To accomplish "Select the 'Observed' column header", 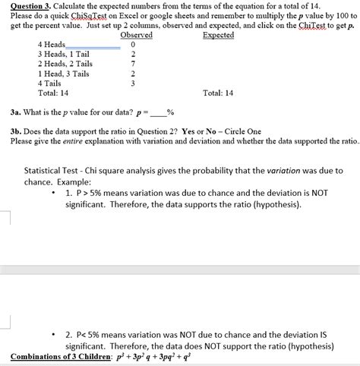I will (137, 36).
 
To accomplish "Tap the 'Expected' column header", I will (219, 36).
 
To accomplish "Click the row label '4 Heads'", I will (52, 45).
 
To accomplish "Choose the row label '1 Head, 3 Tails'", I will (63, 74).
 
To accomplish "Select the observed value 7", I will (133, 65).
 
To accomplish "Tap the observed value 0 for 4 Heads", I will (133, 46).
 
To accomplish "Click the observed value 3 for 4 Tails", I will (133, 84).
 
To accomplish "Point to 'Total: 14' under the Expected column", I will (219, 93).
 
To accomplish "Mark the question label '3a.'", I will (16, 114).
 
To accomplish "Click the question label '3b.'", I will (16, 131).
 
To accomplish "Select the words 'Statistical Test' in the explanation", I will (51, 171).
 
